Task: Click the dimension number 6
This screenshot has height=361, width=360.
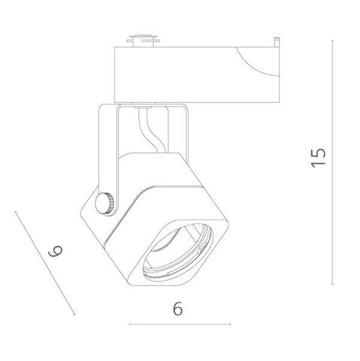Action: click(x=177, y=308)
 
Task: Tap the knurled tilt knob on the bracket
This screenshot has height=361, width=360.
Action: click(x=108, y=202)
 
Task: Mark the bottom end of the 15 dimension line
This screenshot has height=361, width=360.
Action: click(x=334, y=284)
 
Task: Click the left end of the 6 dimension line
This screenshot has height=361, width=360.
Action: click(x=129, y=325)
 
